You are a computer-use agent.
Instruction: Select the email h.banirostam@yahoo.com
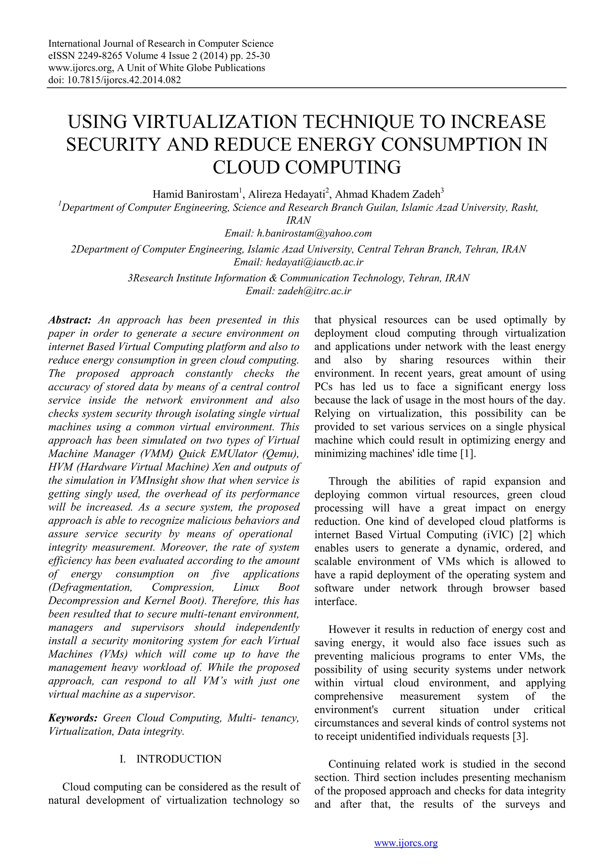(x=314, y=233)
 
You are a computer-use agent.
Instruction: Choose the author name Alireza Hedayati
(x=286, y=194)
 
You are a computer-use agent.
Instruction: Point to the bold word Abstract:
(x=70, y=320)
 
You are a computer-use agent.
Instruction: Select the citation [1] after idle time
(x=467, y=454)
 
